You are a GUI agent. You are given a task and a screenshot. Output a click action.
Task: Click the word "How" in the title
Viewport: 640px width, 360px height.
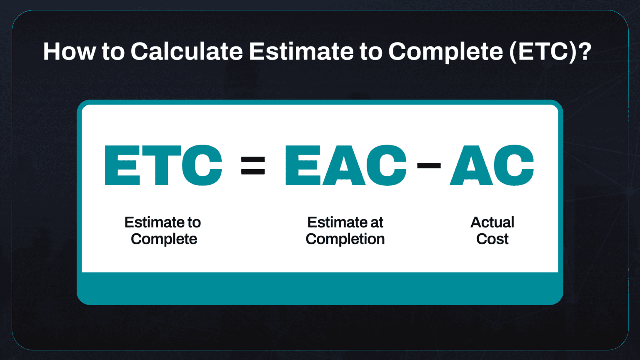tap(69, 52)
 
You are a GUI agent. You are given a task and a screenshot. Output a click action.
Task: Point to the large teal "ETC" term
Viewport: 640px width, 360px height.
tap(163, 165)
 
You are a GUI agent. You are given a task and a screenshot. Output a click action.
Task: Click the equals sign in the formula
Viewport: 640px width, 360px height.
tap(253, 165)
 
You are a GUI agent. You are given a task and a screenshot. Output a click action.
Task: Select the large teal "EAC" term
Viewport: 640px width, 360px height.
tap(345, 165)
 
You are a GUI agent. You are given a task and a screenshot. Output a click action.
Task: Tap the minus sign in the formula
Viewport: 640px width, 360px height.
tap(429, 165)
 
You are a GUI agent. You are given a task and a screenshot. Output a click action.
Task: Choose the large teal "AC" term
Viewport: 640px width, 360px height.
tap(492, 165)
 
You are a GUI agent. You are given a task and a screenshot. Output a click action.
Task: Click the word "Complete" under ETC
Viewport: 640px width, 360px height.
tap(164, 239)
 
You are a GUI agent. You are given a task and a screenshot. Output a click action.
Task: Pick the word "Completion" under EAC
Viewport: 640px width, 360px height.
tap(345, 239)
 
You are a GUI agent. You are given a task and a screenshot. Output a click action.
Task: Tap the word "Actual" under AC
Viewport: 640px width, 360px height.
tap(492, 222)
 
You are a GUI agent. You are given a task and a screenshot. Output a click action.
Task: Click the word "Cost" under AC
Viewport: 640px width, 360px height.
tap(492, 239)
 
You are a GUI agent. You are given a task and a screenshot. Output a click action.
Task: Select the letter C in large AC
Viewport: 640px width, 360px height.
tap(514, 165)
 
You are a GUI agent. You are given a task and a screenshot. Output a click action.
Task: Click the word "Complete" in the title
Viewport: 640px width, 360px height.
tap(445, 52)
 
